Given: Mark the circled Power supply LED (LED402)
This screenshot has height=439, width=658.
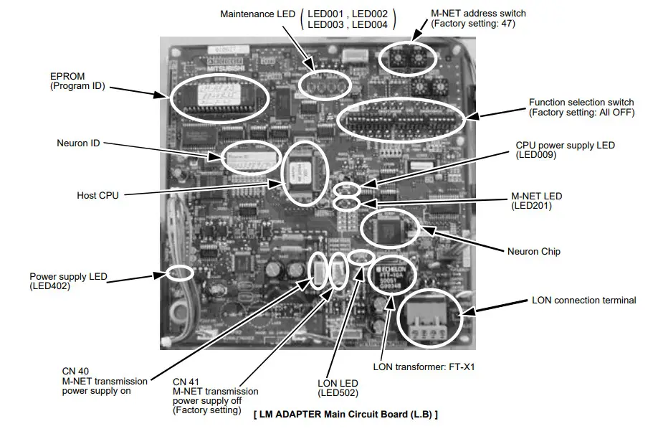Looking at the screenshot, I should coord(179,273).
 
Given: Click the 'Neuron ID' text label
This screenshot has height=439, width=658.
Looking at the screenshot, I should coord(78,143).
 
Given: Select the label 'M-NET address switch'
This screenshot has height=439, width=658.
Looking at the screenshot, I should coord(478,13).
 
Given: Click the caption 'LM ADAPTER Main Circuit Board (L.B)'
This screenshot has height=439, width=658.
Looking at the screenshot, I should coord(345,414).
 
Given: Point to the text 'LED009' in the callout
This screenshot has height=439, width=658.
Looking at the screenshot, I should coord(536,155).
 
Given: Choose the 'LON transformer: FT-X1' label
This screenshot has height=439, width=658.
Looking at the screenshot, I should coord(424,367).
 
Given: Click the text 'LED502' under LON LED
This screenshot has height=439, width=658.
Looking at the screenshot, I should coord(338,392).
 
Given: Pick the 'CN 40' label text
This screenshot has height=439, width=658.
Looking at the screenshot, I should coord(76,371).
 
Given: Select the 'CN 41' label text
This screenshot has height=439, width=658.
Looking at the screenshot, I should coord(187,381).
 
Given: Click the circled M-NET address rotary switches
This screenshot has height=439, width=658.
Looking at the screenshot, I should coord(406,60).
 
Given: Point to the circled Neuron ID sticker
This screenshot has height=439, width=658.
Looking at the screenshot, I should coord(248,158).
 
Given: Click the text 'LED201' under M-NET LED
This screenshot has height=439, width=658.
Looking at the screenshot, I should coord(531,206).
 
